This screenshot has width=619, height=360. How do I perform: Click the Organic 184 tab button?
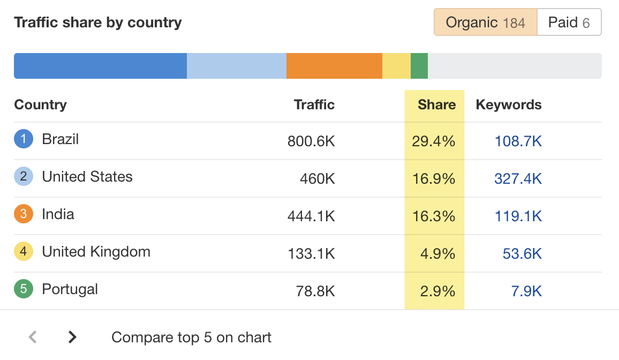[485, 22]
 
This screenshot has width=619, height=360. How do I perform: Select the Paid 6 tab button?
[569, 22]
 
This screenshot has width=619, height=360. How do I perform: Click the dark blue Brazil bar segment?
[100, 66]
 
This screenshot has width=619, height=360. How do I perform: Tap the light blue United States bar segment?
[237, 66]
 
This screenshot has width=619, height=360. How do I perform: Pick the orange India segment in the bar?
[334, 66]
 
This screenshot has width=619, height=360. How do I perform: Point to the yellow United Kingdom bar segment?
[396, 66]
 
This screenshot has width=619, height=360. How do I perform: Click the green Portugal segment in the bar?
[419, 66]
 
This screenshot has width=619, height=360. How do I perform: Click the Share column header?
[436, 105]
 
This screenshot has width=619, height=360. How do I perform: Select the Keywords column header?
[509, 105]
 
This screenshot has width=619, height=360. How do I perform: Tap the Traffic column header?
[314, 105]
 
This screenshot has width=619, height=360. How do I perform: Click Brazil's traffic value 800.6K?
[311, 141]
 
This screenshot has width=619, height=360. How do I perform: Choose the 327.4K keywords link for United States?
[518, 178]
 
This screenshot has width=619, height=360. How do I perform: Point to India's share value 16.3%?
[434, 216]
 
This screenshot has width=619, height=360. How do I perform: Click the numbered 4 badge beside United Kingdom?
[24, 251]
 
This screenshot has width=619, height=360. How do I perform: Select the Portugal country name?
[70, 289]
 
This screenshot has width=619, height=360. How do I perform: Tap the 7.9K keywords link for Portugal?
[526, 291]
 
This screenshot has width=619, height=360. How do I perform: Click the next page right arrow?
[72, 337]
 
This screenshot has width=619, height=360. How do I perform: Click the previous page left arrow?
[33, 337]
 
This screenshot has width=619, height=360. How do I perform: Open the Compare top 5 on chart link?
[191, 337]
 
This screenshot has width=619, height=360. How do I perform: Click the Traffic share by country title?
[98, 22]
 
